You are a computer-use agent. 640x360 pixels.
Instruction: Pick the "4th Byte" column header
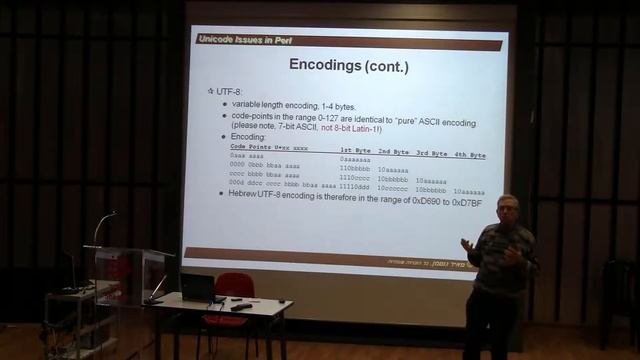[469, 155]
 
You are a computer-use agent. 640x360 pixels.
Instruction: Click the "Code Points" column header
[250, 147]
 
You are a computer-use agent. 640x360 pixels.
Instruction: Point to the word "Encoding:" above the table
[251, 137]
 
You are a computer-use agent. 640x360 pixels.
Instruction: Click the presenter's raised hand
[467, 245]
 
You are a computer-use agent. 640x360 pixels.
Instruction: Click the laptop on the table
[198, 288]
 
